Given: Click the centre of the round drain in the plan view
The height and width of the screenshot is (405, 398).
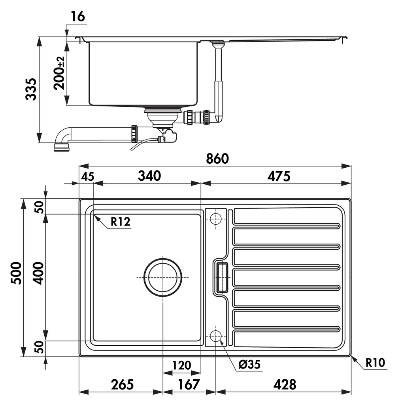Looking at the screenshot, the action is point(163,277).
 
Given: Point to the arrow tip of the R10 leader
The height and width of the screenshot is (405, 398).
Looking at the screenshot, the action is point(351,356).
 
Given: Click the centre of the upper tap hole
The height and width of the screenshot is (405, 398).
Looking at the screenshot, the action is point(215,219).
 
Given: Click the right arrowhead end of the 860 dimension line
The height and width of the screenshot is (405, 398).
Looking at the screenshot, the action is point(351,166).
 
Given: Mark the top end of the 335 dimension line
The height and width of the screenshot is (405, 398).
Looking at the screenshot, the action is point(39,37).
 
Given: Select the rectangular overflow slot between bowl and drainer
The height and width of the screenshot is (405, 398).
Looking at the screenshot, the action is point(222,277).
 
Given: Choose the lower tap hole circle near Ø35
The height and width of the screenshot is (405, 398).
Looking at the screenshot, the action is point(215,336).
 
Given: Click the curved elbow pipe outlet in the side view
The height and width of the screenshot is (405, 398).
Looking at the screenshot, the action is point(62,139).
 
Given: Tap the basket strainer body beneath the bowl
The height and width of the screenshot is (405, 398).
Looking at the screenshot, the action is point(162,117).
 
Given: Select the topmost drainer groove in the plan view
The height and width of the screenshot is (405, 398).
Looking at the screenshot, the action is point(287,226).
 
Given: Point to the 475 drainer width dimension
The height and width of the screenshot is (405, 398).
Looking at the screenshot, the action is point(279,176).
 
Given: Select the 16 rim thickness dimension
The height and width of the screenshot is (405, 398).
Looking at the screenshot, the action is point(78,17).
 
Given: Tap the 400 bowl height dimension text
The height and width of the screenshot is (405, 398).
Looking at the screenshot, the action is point(39,273).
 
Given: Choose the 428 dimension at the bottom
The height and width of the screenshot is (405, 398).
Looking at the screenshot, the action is point(285,384).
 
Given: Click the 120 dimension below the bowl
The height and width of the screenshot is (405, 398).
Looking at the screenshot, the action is point(182,365).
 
